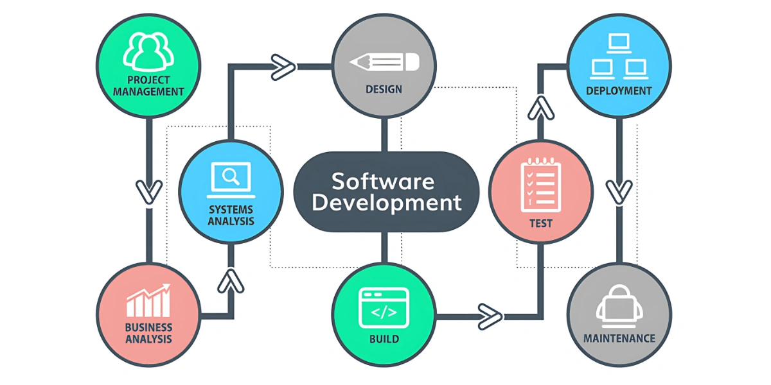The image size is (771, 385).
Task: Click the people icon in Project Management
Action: click(148, 52)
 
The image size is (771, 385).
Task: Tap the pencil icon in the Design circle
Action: click(384, 62)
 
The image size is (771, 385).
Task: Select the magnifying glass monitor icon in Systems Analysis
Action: click(230, 179)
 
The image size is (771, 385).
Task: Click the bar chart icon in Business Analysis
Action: click(148, 302)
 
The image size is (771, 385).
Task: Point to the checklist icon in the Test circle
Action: click(541, 184)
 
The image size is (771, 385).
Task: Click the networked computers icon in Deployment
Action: click(619, 56)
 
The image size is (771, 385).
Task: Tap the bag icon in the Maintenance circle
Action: click(619, 303)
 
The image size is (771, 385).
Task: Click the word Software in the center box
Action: click(383, 181)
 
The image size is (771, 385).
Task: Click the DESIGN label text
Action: click(384, 89)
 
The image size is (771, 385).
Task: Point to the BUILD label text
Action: click(384, 339)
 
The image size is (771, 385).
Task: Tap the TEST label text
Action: click(541, 224)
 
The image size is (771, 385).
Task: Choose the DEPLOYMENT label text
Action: click(619, 91)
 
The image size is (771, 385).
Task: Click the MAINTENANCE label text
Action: click(619, 338)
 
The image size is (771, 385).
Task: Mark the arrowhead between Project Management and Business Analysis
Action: click(148, 191)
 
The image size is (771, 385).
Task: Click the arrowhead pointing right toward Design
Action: click(282, 65)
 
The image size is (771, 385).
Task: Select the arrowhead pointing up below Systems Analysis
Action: click(231, 280)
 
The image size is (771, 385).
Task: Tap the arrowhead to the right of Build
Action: click(490, 315)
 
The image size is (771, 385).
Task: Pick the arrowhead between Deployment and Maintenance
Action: click(619, 191)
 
